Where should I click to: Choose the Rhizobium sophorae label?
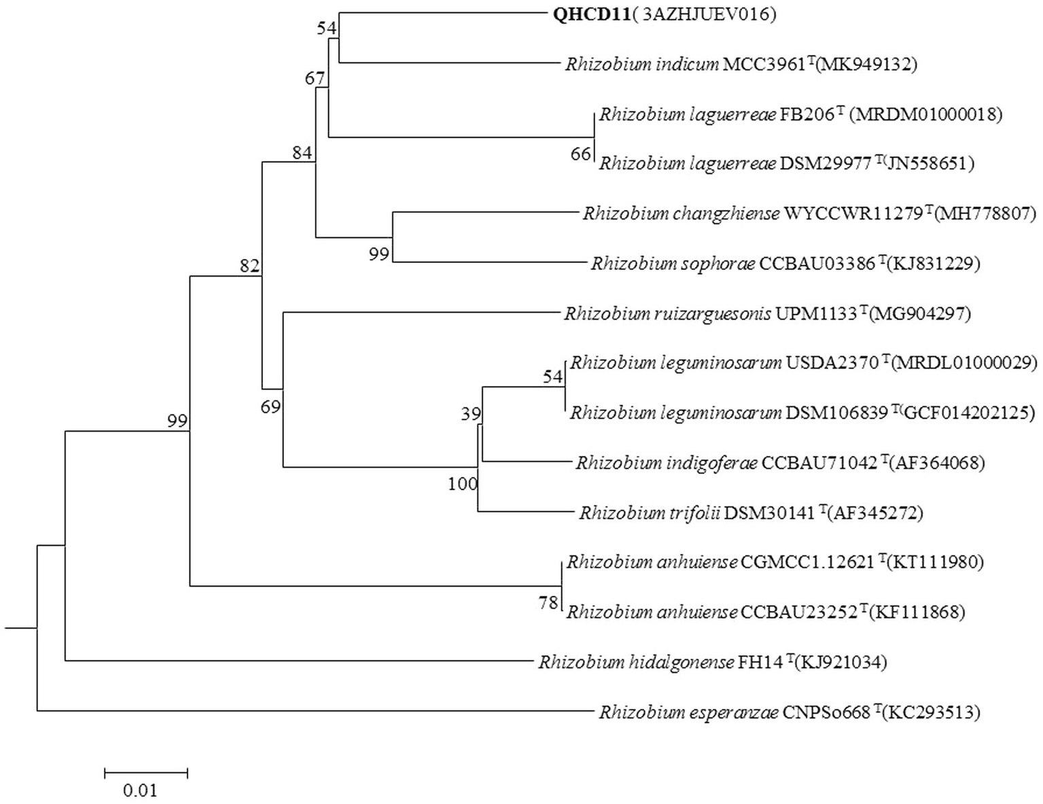785,264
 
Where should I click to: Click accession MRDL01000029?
964,363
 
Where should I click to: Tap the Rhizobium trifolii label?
751,512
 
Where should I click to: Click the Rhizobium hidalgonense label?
712,662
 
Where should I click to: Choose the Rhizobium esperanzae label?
789,713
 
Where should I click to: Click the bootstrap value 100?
463,484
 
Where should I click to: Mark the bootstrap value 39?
470,414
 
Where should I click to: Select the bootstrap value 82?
250,266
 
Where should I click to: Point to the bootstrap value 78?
548,603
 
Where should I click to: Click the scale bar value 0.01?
140,790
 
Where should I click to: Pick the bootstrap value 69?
271,407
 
